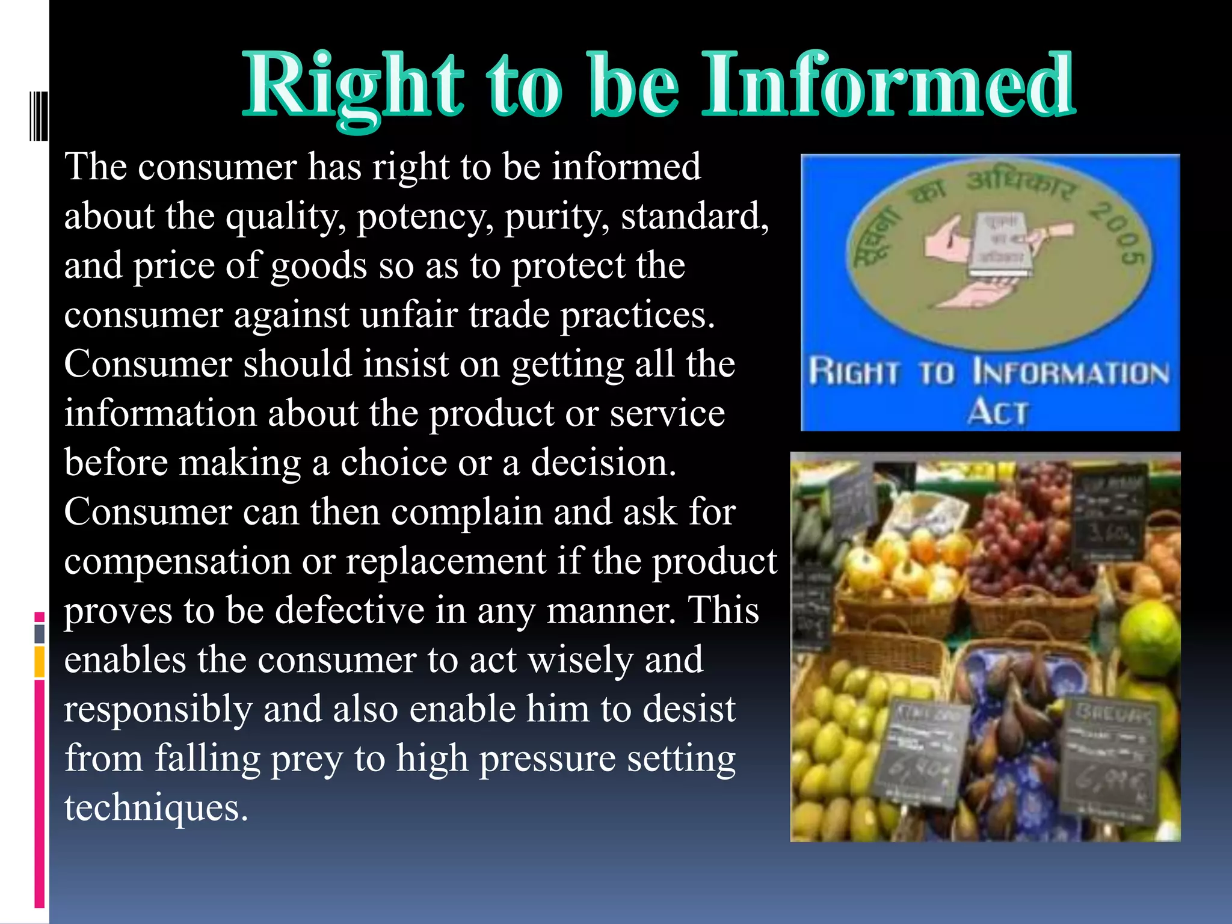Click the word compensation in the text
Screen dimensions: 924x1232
coord(177,562)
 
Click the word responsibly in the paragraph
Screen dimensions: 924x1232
coord(158,710)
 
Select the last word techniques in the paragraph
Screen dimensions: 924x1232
coord(155,808)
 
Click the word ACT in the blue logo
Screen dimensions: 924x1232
coord(997,413)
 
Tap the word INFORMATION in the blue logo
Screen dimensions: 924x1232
coord(1071,373)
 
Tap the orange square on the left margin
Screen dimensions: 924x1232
coord(40,662)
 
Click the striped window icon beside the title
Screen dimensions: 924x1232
coord(38,116)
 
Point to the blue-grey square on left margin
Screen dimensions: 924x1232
coord(40,633)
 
